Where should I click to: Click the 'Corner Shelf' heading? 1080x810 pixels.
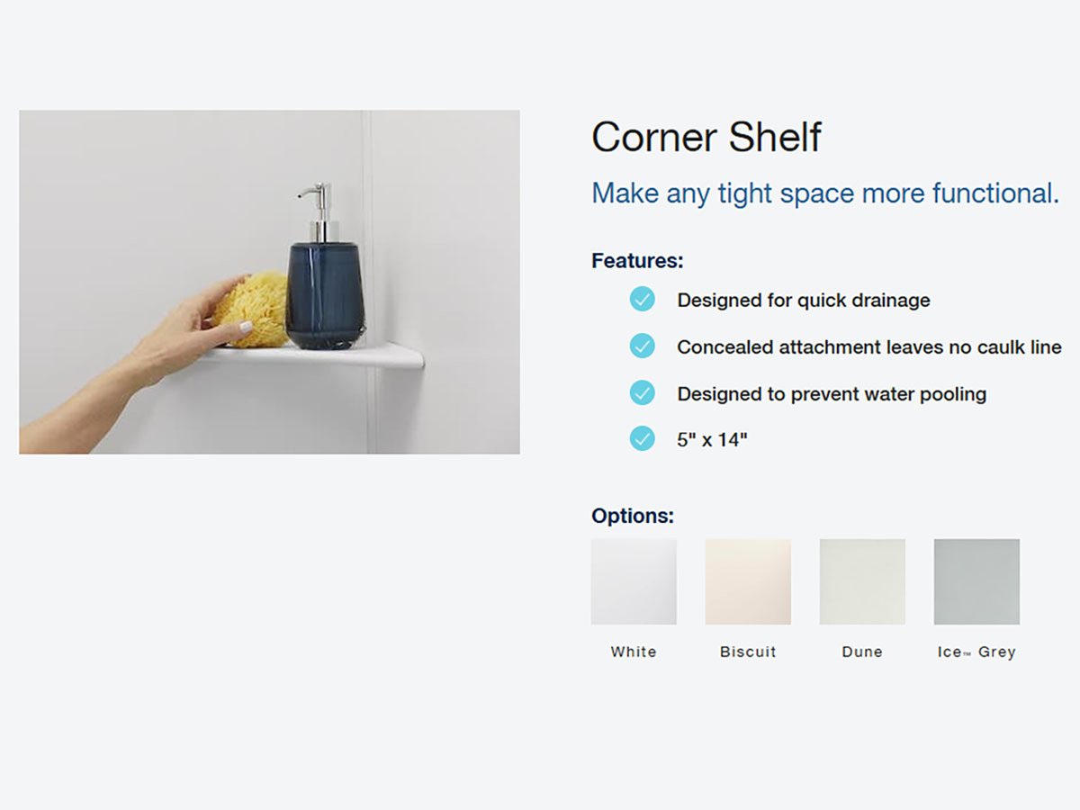tap(706, 137)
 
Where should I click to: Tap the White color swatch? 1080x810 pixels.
tap(634, 581)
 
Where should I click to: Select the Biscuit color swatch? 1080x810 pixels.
tap(748, 581)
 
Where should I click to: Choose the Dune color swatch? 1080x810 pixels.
tap(862, 581)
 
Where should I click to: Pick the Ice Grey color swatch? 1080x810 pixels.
tap(976, 581)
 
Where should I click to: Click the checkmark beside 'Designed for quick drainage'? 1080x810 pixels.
tap(642, 299)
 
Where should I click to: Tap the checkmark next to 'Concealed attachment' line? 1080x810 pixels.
tap(642, 346)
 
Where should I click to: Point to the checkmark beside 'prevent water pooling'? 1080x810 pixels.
tap(642, 392)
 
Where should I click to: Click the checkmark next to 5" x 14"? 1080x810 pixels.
tap(642, 438)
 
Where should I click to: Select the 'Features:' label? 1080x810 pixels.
tap(637, 261)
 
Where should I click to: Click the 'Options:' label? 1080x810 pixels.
tap(633, 516)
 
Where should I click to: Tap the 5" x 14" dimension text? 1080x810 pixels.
tap(712, 440)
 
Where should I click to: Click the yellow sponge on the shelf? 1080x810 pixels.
tap(255, 309)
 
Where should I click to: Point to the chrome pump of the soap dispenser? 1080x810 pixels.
tap(319, 211)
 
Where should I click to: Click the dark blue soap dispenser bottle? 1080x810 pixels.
tap(325, 295)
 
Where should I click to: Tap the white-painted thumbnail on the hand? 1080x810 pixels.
tap(245, 327)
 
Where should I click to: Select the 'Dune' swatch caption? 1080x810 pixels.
tap(862, 652)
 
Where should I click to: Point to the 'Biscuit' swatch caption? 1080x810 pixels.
tap(748, 652)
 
